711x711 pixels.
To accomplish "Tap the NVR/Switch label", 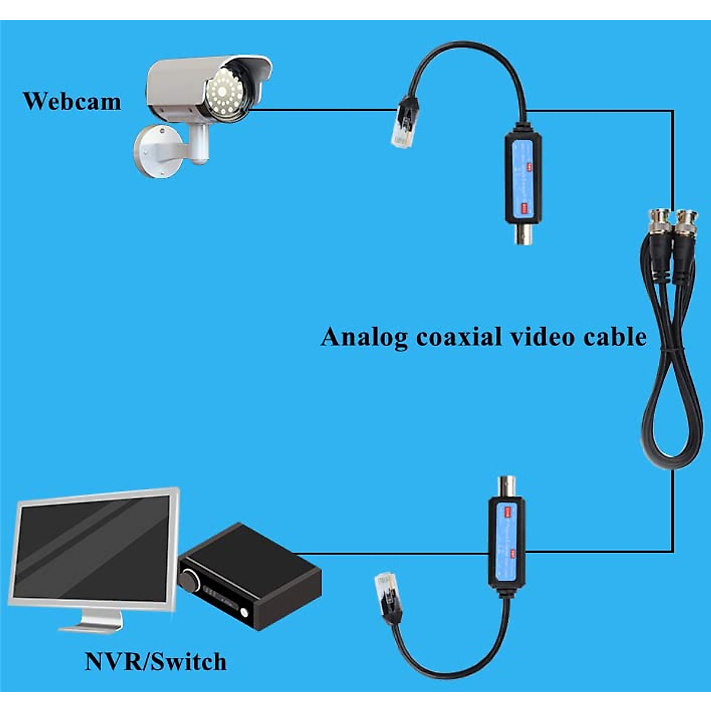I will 155,661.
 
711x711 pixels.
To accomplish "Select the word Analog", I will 364,338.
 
